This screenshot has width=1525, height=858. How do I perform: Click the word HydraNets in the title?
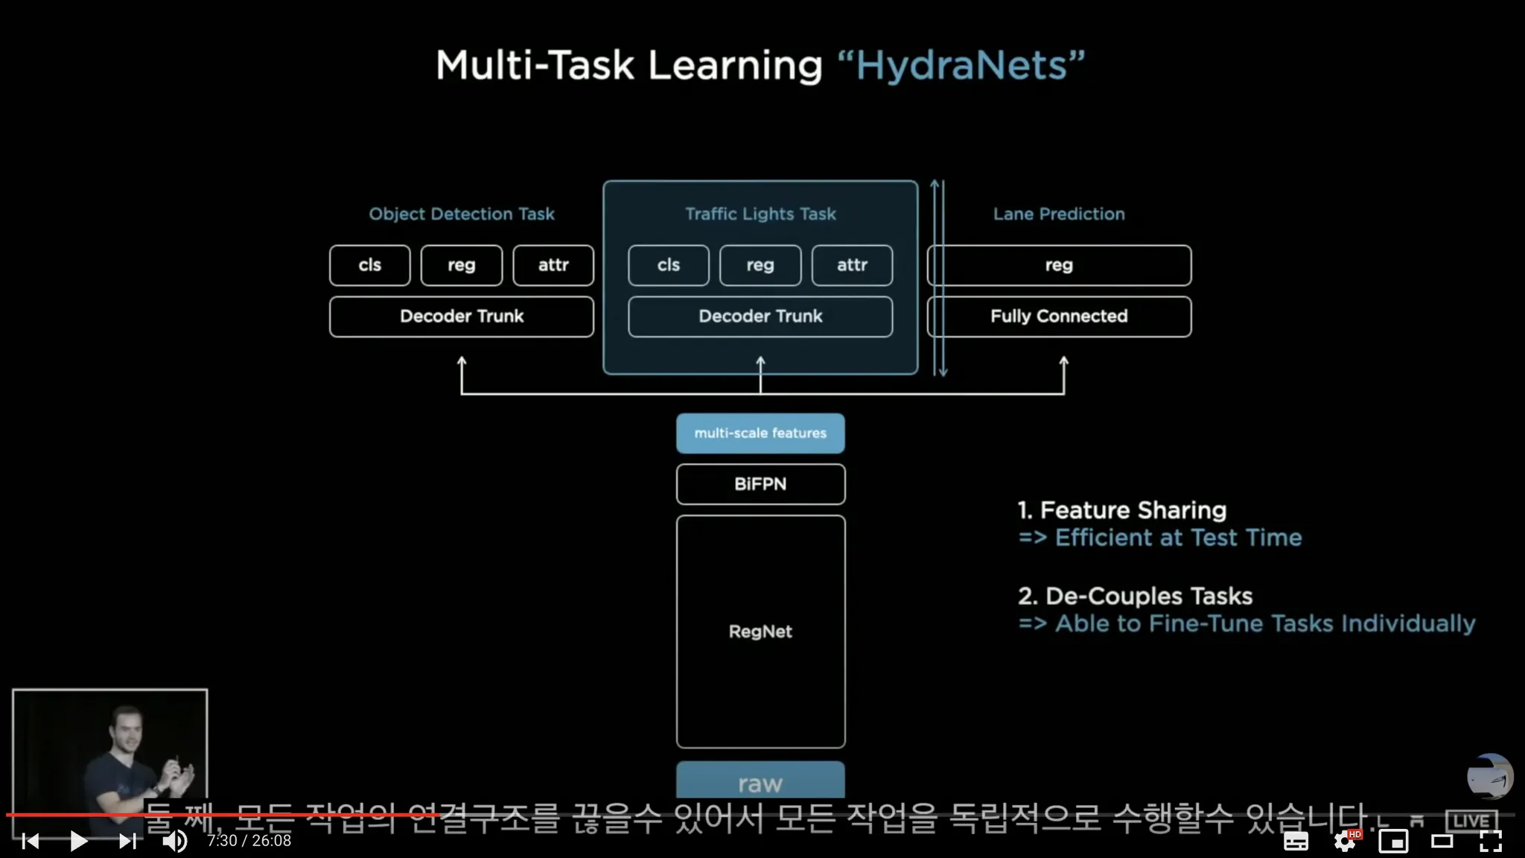(x=961, y=66)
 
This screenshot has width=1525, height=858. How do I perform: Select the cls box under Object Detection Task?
(x=369, y=265)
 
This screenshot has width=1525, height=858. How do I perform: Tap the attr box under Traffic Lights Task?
(x=852, y=265)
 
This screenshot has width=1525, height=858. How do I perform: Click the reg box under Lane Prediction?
(x=1059, y=265)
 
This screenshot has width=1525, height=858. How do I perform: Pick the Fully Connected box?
(x=1059, y=317)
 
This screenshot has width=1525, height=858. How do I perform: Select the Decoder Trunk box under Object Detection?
(x=462, y=317)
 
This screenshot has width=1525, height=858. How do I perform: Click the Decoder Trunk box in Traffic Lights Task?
(x=760, y=317)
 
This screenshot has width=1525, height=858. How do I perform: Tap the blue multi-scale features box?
(x=760, y=433)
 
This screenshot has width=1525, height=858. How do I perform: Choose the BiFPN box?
(x=760, y=484)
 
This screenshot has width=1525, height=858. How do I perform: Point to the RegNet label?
(x=760, y=632)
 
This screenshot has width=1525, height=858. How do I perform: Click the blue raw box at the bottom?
(x=760, y=782)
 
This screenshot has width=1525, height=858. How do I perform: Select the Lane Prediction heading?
(x=1059, y=214)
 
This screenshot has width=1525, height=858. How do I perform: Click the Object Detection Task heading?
(x=462, y=214)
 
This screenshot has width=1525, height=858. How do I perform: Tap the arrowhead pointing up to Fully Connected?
(x=1063, y=362)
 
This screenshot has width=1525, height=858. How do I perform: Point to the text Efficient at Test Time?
(x=1178, y=538)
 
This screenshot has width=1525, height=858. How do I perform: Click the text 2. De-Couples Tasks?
(x=1135, y=596)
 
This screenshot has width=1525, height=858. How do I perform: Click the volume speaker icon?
(x=175, y=841)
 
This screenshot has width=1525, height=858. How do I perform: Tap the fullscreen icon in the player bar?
(x=1490, y=841)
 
